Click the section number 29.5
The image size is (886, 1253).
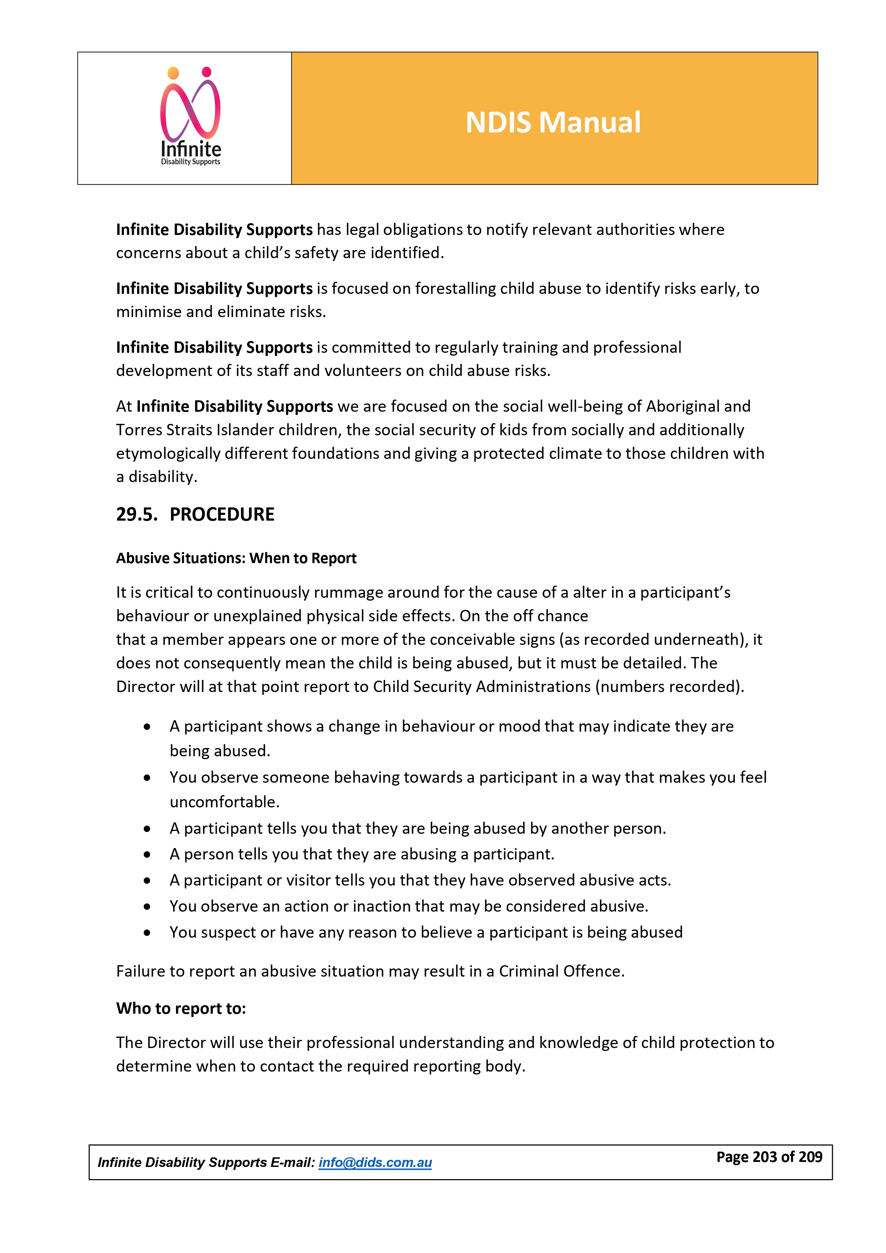pos(136,514)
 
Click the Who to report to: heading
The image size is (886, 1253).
pos(181,1008)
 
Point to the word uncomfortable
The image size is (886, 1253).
pos(224,802)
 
